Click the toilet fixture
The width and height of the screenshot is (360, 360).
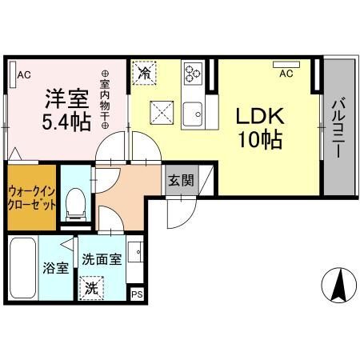point(76,205)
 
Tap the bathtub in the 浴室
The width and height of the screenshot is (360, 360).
point(23,268)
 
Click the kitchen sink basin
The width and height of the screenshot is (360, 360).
point(193,114)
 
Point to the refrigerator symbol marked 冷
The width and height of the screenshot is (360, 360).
point(144,73)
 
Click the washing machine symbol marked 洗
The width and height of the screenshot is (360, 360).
point(91,288)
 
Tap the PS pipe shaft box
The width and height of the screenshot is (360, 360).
point(137,294)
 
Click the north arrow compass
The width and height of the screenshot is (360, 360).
point(339,286)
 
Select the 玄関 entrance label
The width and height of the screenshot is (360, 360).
point(181,181)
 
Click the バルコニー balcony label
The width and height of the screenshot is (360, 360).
point(338,129)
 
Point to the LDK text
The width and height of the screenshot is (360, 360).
point(260,116)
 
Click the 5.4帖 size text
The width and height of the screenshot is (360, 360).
point(66,122)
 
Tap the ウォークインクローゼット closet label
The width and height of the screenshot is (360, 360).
point(32,198)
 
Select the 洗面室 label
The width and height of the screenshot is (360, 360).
point(102,259)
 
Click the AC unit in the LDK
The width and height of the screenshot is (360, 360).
point(286,65)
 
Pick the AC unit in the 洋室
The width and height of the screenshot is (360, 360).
point(13,74)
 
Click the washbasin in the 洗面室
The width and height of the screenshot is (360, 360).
point(135,252)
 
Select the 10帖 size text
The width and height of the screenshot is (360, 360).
point(260,139)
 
